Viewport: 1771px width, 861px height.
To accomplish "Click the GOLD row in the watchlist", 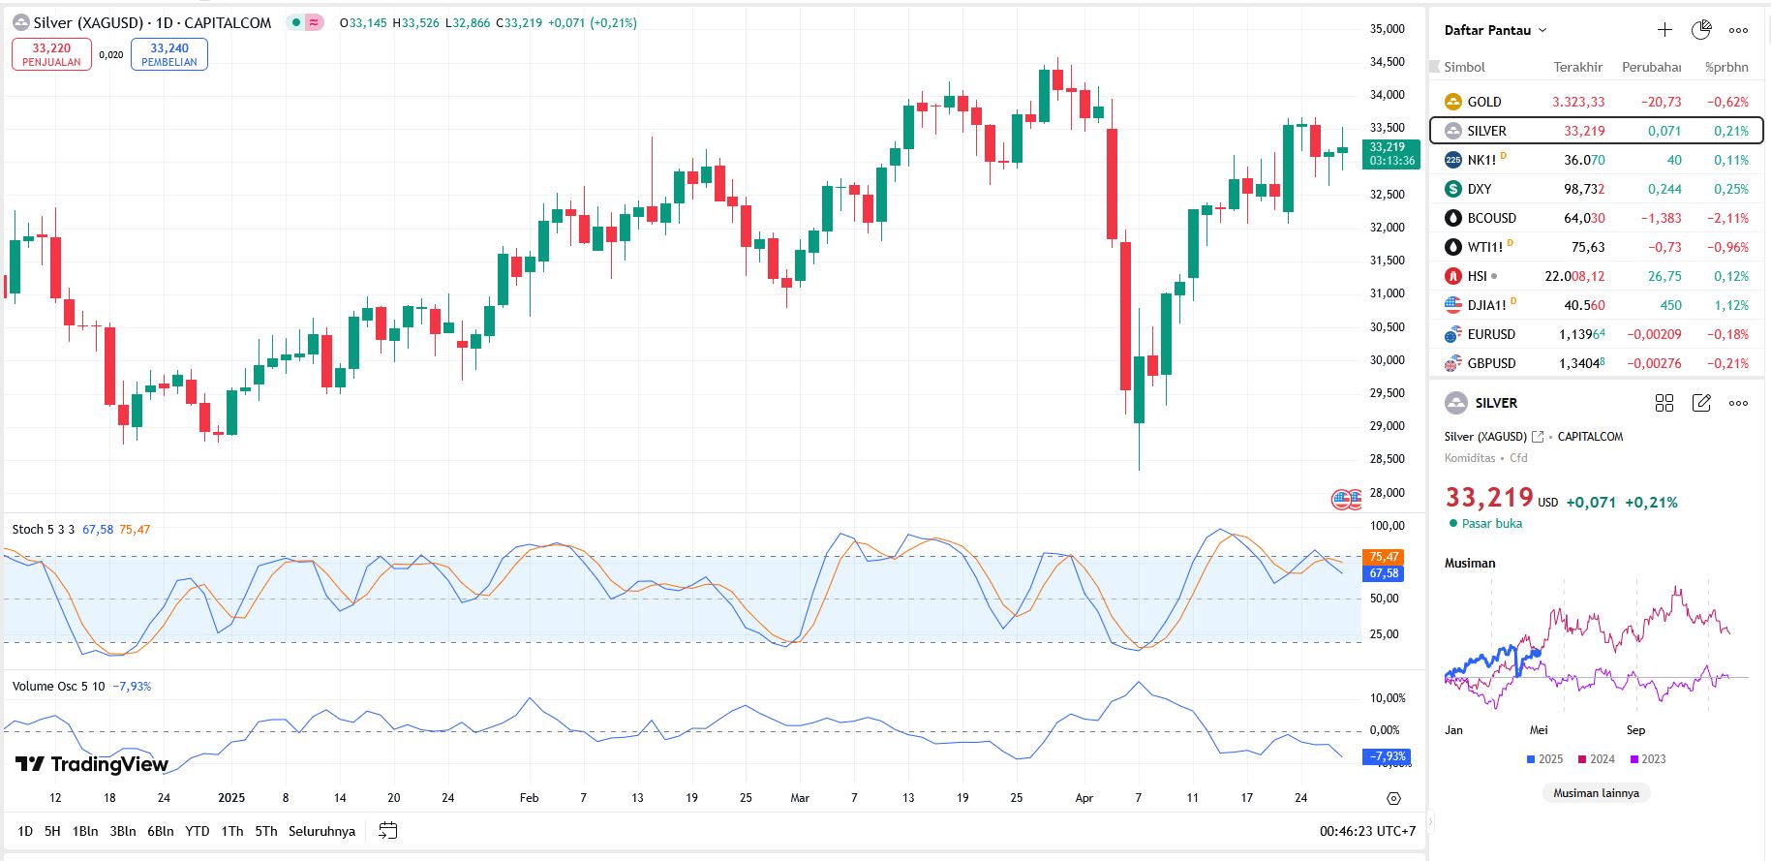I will pos(1483,102).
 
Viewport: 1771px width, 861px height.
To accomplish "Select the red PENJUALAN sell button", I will pos(51,54).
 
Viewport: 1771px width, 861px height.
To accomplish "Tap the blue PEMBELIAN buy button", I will pos(169,54).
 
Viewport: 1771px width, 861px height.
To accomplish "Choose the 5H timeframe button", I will pos(52,831).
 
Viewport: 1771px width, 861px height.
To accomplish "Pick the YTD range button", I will pos(198,831).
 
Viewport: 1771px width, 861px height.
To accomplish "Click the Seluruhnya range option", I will pos(321,831).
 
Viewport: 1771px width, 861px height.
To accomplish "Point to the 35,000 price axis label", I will pos(1387,29).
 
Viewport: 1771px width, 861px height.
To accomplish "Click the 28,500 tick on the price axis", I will pos(1387,459).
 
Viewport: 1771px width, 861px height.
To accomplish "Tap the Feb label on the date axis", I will pos(529,798).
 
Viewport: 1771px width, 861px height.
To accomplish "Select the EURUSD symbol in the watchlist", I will pos(1490,334).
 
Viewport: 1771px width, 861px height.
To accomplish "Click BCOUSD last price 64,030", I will pos(1583,218).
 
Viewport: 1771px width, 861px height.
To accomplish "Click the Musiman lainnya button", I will pos(1596,793).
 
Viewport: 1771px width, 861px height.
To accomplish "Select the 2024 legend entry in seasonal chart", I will pos(1596,759).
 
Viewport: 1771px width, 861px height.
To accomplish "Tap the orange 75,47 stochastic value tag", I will pos(1382,557).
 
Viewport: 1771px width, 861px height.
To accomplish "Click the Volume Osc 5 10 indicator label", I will pos(59,686).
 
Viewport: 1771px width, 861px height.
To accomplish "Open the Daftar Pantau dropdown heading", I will pos(1495,30).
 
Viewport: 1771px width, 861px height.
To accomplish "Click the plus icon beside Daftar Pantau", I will pos(1664,30).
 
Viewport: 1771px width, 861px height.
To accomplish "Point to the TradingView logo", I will pos(92,764).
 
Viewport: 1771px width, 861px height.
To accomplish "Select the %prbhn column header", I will pos(1726,67).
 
